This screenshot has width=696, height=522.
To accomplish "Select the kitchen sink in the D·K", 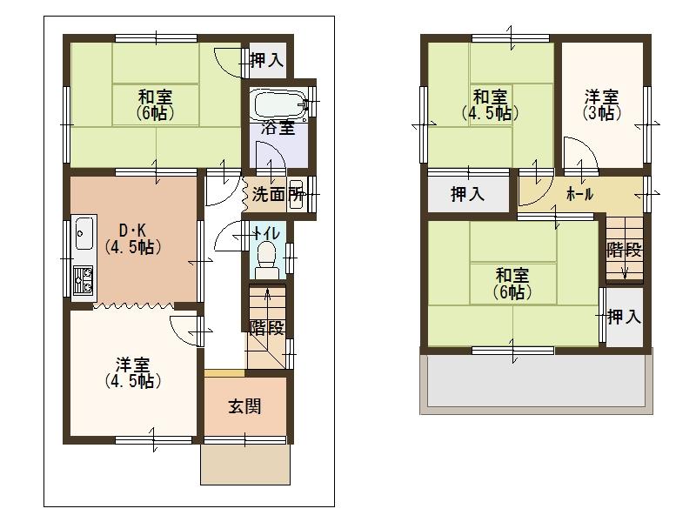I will tap(84, 232).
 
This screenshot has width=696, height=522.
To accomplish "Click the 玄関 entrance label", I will tap(244, 406).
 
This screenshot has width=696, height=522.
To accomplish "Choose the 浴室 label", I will tap(278, 129).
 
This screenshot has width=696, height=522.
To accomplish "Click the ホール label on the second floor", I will tap(579, 194).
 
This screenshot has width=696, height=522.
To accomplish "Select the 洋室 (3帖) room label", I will tap(601, 104).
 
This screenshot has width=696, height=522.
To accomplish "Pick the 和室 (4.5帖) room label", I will tap(491, 104).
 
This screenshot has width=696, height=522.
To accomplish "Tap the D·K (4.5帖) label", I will tap(130, 238).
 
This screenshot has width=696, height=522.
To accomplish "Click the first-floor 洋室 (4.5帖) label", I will tap(133, 372).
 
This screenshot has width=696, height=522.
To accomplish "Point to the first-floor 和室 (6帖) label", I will tap(155, 104).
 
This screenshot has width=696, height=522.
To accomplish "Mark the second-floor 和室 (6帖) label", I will tap(512, 284).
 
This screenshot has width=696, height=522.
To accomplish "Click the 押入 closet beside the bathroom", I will tap(266, 60).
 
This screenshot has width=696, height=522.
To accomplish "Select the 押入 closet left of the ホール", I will tap(468, 194).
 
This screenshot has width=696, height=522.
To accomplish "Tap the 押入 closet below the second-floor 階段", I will tap(624, 317).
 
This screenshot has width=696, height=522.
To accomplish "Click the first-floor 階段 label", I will tap(266, 328).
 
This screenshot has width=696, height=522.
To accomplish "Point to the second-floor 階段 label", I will tap(624, 251).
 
